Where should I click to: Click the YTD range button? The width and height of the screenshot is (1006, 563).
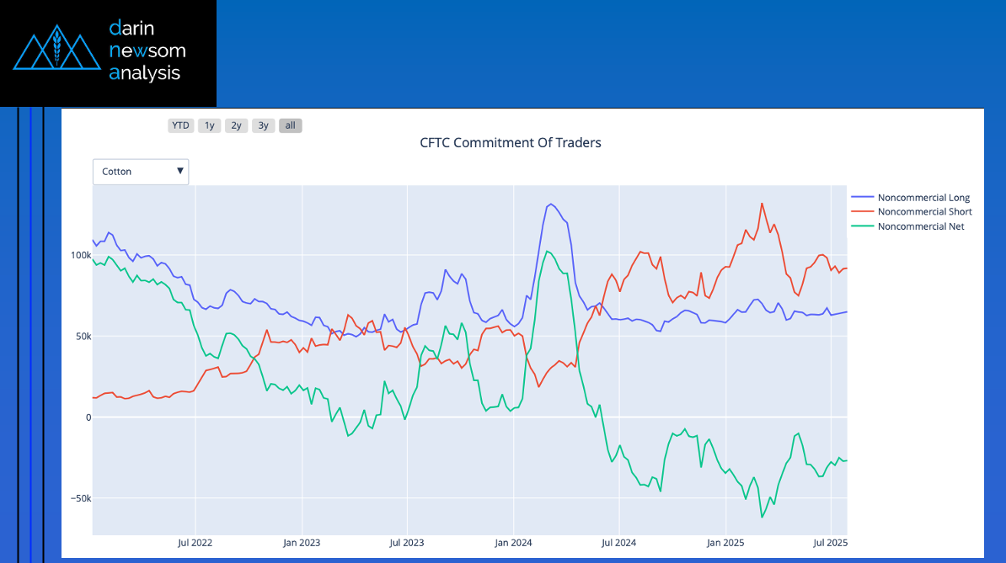click(180, 125)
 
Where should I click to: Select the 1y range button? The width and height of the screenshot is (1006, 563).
click(210, 125)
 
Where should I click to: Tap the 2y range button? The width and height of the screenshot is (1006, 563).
click(237, 125)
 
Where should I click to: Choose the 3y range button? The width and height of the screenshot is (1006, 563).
click(264, 125)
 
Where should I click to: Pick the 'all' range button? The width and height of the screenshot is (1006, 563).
click(290, 125)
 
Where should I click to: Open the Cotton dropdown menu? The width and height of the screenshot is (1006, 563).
click(141, 172)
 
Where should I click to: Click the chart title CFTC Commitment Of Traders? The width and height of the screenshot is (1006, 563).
click(511, 143)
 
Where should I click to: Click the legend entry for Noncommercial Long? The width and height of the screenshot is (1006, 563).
click(923, 198)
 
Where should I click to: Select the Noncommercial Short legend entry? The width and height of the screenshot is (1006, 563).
click(924, 212)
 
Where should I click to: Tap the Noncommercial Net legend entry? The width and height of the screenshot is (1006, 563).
click(921, 226)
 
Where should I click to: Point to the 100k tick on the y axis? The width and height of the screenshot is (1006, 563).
click(80, 255)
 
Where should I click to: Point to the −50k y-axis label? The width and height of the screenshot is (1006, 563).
click(79, 498)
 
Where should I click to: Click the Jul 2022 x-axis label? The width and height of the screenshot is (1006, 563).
click(195, 544)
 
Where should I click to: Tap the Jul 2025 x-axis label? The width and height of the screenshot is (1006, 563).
click(830, 544)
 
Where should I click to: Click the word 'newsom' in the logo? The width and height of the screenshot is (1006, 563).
click(147, 50)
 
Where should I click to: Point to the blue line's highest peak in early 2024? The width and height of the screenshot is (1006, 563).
click(550, 204)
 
